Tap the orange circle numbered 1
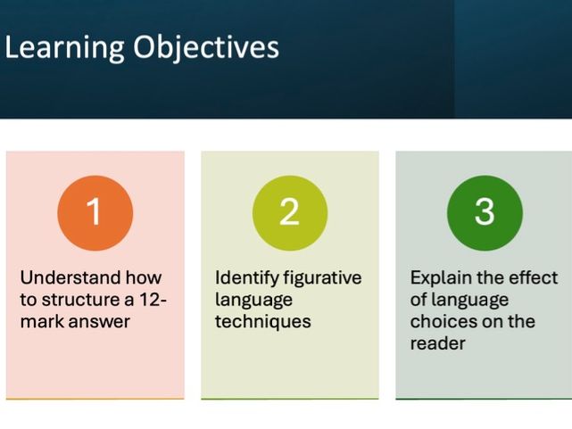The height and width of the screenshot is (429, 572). [x=95, y=212]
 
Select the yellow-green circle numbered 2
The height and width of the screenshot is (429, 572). [x=289, y=212]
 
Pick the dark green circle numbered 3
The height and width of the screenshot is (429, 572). [x=484, y=212]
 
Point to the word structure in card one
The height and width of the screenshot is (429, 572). [x=80, y=300]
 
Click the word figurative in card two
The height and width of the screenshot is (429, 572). [x=323, y=277]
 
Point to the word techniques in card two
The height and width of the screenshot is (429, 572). [x=262, y=321]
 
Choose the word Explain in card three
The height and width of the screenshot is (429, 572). [x=440, y=277]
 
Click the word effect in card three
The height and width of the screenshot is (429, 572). [x=533, y=277]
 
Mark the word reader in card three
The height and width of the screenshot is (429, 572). [x=437, y=343]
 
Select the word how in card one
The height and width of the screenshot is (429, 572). [x=144, y=277]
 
